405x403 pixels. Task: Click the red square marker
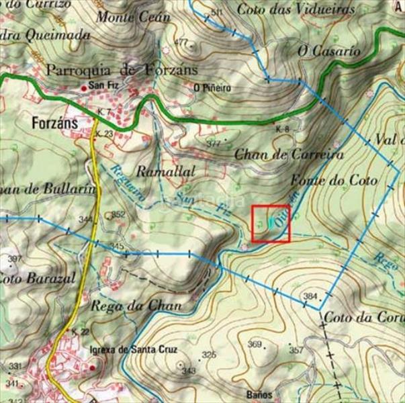pyautogui.click(x=271, y=224)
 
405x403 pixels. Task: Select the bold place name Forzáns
pyautogui.click(x=54, y=124)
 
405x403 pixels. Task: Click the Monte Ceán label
pyautogui.click(x=133, y=17)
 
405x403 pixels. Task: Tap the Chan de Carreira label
pyautogui.click(x=289, y=154)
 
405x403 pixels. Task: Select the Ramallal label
pyautogui.click(x=165, y=172)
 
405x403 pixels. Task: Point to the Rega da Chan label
pyautogui.click(x=136, y=305)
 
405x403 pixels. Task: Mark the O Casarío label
pyautogui.click(x=329, y=50)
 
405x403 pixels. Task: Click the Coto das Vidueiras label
pyautogui.click(x=296, y=9)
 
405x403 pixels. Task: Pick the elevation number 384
pyautogui.click(x=310, y=296)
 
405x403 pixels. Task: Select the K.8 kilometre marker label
pyautogui.click(x=282, y=129)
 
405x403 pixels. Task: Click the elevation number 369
pyautogui.click(x=254, y=345)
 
